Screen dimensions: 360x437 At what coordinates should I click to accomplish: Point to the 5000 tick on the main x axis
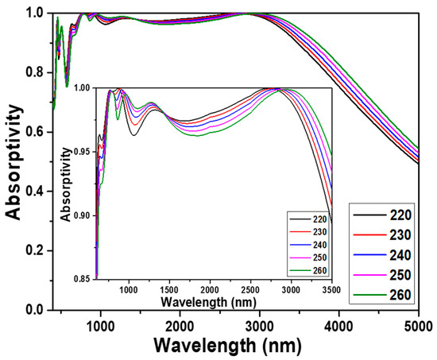point(418,325)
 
